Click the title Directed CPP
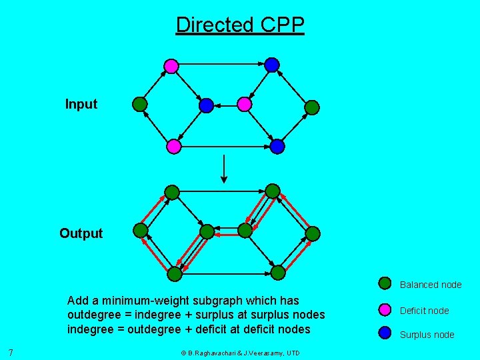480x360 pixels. click(240, 25)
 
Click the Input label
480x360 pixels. click(81, 104)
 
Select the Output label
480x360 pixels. click(81, 233)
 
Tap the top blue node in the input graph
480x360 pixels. click(271, 65)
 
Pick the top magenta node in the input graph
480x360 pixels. click(171, 65)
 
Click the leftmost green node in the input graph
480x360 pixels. click(139, 104)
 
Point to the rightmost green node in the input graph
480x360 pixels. click(311, 107)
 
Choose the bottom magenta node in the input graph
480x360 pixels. click(173, 146)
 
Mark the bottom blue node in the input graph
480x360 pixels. click(277, 146)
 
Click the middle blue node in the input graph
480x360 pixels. click(206, 105)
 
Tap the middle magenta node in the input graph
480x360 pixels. click(245, 104)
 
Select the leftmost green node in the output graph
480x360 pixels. click(140, 231)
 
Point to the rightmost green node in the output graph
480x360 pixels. click(313, 233)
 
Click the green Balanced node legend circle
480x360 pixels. click(385, 283)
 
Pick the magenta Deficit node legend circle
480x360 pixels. click(385, 309)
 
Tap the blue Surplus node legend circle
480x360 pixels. click(385, 333)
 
